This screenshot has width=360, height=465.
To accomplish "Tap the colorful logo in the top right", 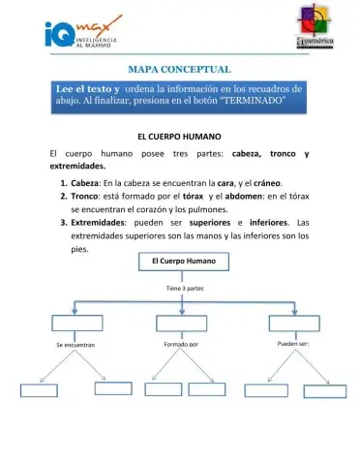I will pos(313,28).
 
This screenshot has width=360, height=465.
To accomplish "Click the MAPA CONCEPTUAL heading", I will pos(179,70).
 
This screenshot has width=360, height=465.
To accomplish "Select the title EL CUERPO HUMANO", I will pos(179,137).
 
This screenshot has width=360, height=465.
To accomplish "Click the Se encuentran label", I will pos(75,345).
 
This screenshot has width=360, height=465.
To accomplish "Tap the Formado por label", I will pos(181,344).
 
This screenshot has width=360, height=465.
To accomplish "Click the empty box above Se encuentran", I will pos(76,323).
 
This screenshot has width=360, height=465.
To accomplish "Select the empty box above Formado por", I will pos(181,322).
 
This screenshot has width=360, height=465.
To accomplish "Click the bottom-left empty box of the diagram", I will pos(40,389).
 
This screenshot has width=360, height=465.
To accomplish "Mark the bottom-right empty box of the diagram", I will pos(324,391).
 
